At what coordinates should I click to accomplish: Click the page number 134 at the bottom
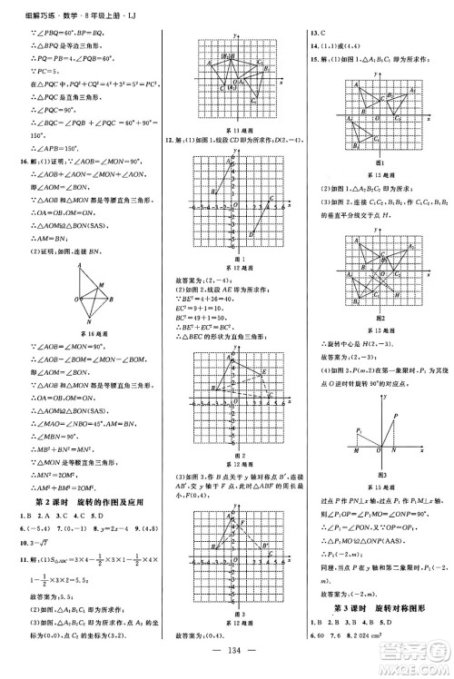(x=227, y=656)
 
